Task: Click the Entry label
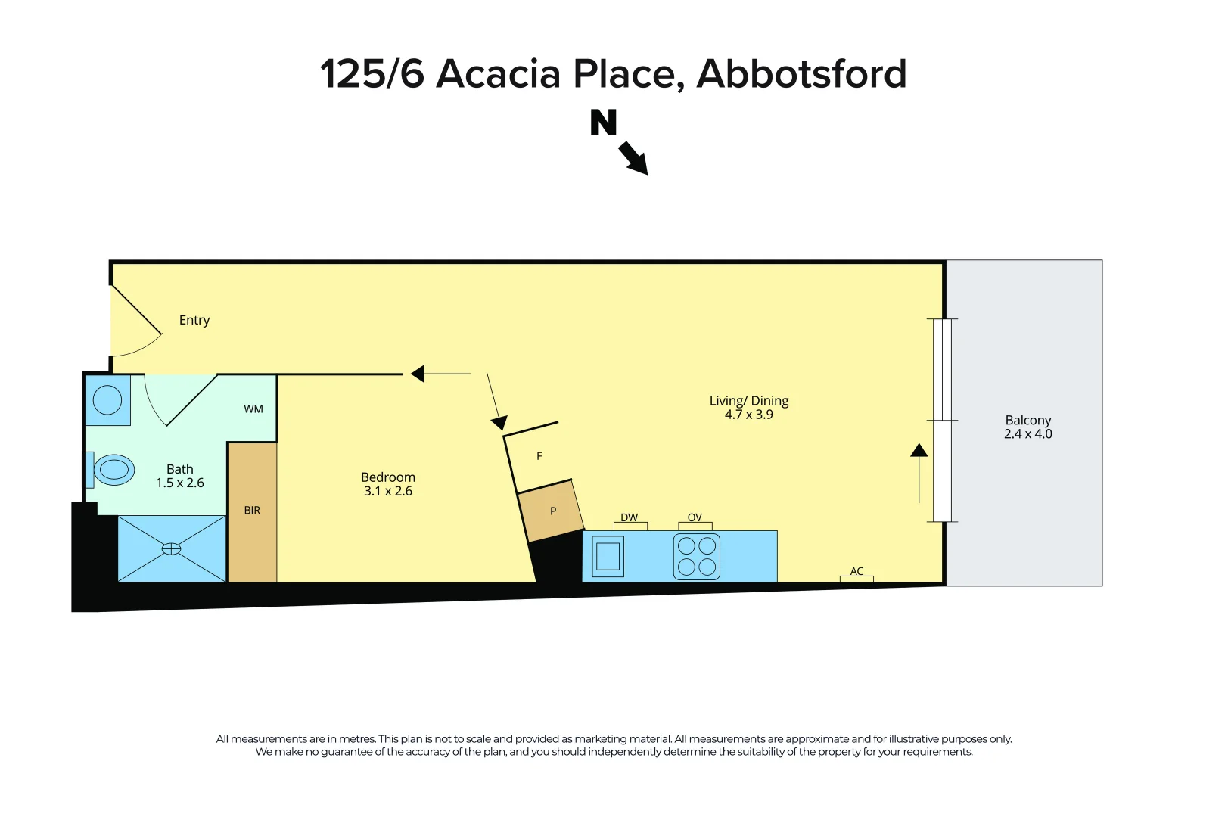(194, 320)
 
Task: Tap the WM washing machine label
(253, 409)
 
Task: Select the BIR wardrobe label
(252, 511)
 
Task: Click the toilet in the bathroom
(113, 470)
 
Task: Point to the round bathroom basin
(107, 400)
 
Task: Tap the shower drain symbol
(172, 548)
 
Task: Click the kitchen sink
(608, 556)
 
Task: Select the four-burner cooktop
(697, 556)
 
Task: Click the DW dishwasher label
(629, 518)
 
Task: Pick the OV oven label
(695, 518)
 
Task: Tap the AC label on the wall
(856, 571)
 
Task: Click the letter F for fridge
(539, 456)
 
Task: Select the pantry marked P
(552, 511)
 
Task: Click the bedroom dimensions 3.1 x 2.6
(388, 491)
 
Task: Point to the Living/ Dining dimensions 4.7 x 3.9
(749, 415)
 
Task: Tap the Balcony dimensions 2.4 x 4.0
(1027, 434)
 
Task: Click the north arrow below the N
(633, 158)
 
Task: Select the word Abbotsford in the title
(801, 74)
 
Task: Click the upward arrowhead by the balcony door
(919, 451)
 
